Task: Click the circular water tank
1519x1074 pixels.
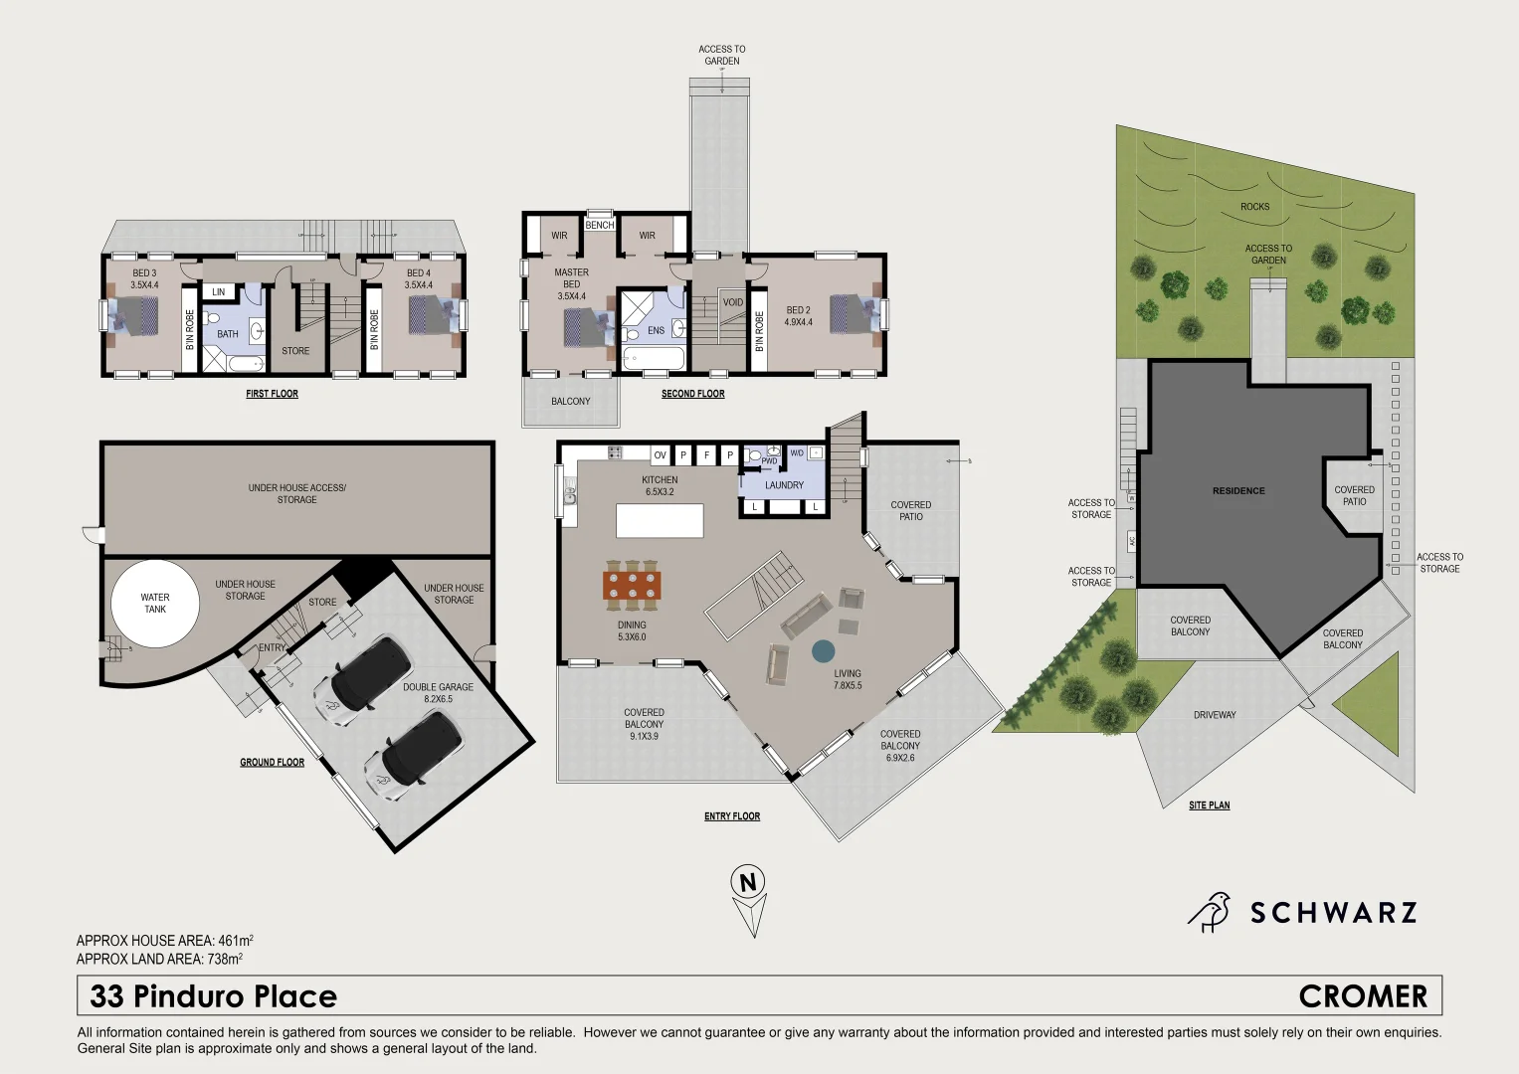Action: (x=155, y=604)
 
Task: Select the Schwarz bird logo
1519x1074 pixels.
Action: (x=1210, y=912)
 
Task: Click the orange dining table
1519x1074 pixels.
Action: (x=632, y=585)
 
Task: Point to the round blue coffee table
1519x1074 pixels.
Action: (x=823, y=651)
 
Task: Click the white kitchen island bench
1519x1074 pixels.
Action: (x=660, y=520)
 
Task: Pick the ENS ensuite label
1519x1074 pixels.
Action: (x=656, y=330)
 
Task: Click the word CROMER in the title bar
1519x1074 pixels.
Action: (x=1363, y=996)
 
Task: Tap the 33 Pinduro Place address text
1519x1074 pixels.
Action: (x=214, y=996)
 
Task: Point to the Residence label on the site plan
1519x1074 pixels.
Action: (x=1238, y=490)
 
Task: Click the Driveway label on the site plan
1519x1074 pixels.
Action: (x=1215, y=715)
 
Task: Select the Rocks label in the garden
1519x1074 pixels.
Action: (x=1254, y=207)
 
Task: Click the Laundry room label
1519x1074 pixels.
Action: (x=784, y=485)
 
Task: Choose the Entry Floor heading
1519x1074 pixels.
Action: (x=732, y=816)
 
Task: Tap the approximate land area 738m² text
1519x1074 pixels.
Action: (x=159, y=960)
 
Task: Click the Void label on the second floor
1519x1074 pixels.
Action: (x=733, y=302)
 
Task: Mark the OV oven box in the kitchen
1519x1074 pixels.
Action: (x=660, y=455)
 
